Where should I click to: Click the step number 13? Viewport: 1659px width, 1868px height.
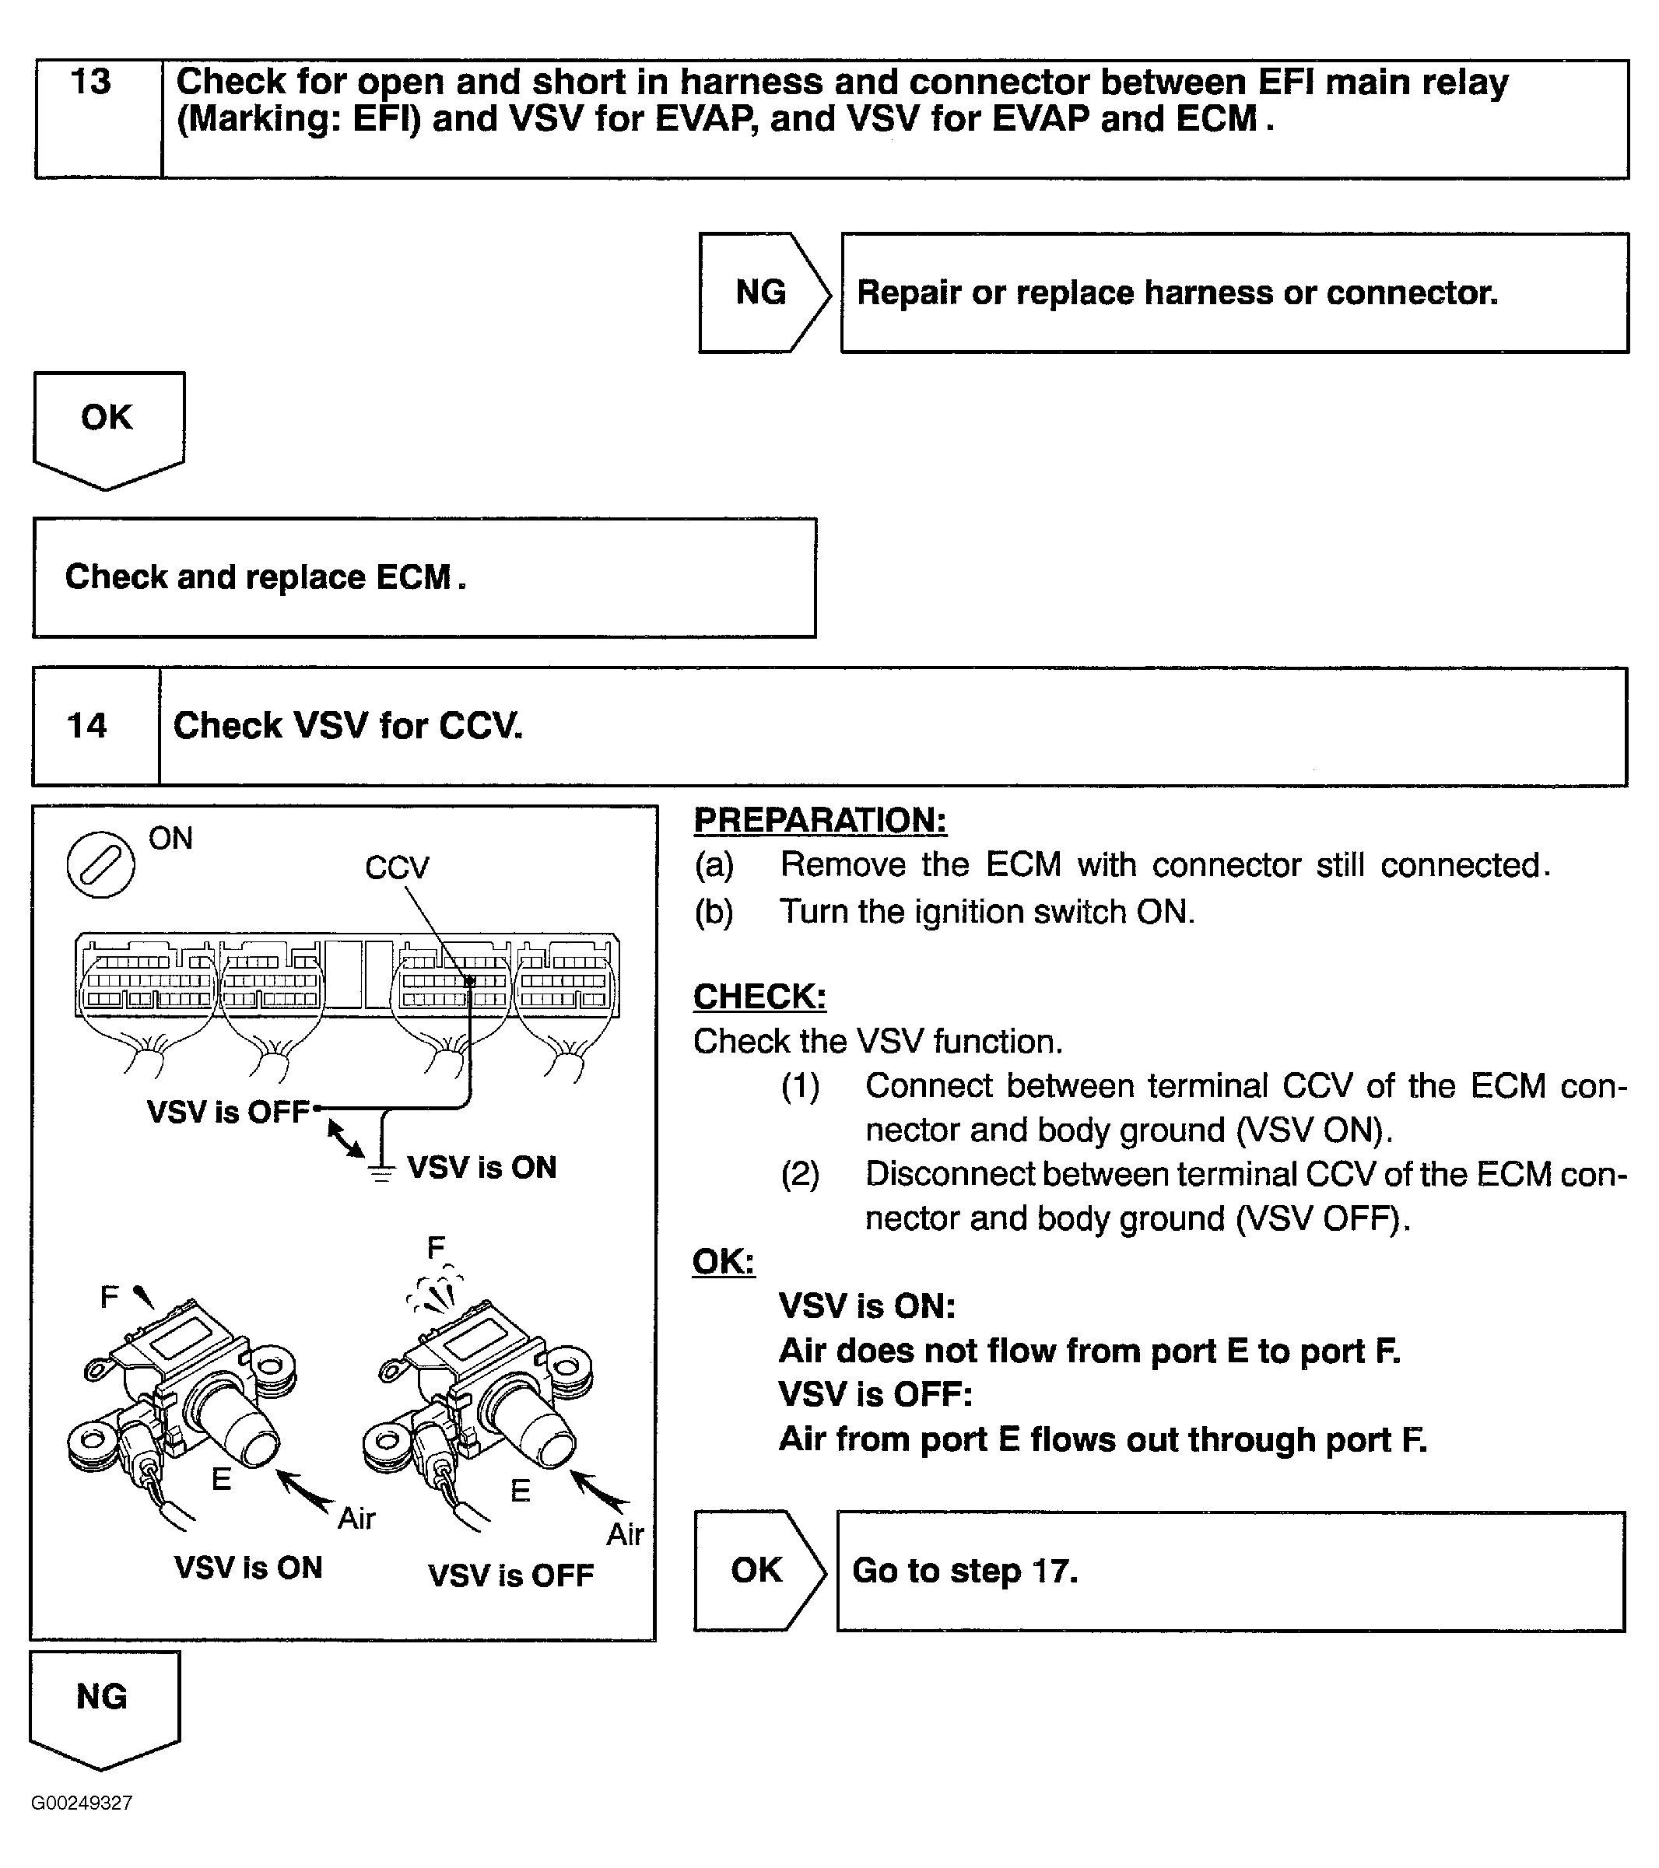90,82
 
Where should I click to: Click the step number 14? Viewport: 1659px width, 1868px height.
87,726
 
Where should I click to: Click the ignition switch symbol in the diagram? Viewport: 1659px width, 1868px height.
100,864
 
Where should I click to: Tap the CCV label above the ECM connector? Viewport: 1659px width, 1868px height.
397,867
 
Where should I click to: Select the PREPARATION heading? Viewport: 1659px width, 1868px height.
820,820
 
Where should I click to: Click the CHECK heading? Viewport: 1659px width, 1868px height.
759,996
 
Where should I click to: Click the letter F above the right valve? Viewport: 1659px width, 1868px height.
436,1247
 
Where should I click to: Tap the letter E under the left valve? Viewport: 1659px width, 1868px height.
221,1479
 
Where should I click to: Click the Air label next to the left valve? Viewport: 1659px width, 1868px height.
356,1518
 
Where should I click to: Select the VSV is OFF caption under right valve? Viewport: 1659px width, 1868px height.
511,1575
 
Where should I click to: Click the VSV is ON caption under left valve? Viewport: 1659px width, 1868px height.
249,1568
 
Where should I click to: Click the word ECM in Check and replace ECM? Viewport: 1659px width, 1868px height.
413,577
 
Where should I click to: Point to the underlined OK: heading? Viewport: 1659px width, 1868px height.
723,1261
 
